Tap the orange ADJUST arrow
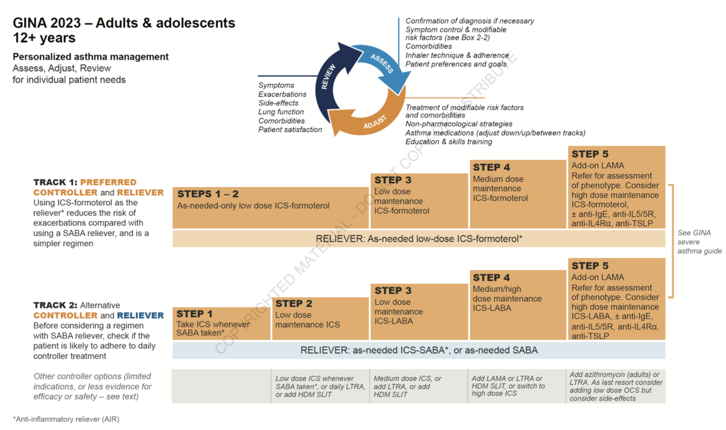click(x=370, y=122)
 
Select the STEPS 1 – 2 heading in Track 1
click(x=208, y=194)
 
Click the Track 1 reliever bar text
click(x=419, y=238)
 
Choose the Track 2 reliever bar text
click(x=419, y=350)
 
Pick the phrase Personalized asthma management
click(x=91, y=57)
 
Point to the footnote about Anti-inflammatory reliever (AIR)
click(x=66, y=419)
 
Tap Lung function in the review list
click(x=281, y=112)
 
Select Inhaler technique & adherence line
click(x=457, y=55)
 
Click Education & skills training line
click(x=448, y=142)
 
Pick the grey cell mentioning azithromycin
click(x=616, y=386)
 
